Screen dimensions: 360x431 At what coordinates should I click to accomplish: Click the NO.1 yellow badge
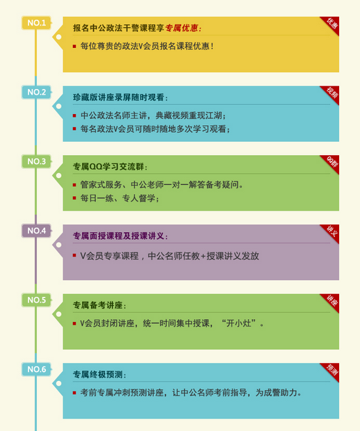37,23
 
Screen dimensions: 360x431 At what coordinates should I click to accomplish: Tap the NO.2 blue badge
37,92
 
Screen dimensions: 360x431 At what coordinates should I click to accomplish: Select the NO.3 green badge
37,161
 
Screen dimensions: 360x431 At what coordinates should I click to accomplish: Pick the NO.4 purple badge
37,231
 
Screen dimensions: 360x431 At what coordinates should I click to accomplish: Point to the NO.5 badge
37,300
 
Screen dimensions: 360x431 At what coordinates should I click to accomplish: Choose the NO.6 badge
37,369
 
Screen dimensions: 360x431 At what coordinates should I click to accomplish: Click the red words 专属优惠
181,28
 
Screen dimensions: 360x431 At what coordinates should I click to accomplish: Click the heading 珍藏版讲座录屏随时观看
119,97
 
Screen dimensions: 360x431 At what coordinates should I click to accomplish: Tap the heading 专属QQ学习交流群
108,167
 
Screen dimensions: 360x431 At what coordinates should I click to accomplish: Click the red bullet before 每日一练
74,198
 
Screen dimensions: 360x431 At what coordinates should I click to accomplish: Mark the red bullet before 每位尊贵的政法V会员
74,46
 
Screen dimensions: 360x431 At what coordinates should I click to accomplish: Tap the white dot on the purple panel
58,245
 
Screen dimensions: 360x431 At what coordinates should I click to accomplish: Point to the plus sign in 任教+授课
204,257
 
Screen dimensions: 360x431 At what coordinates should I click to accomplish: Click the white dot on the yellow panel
58,37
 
